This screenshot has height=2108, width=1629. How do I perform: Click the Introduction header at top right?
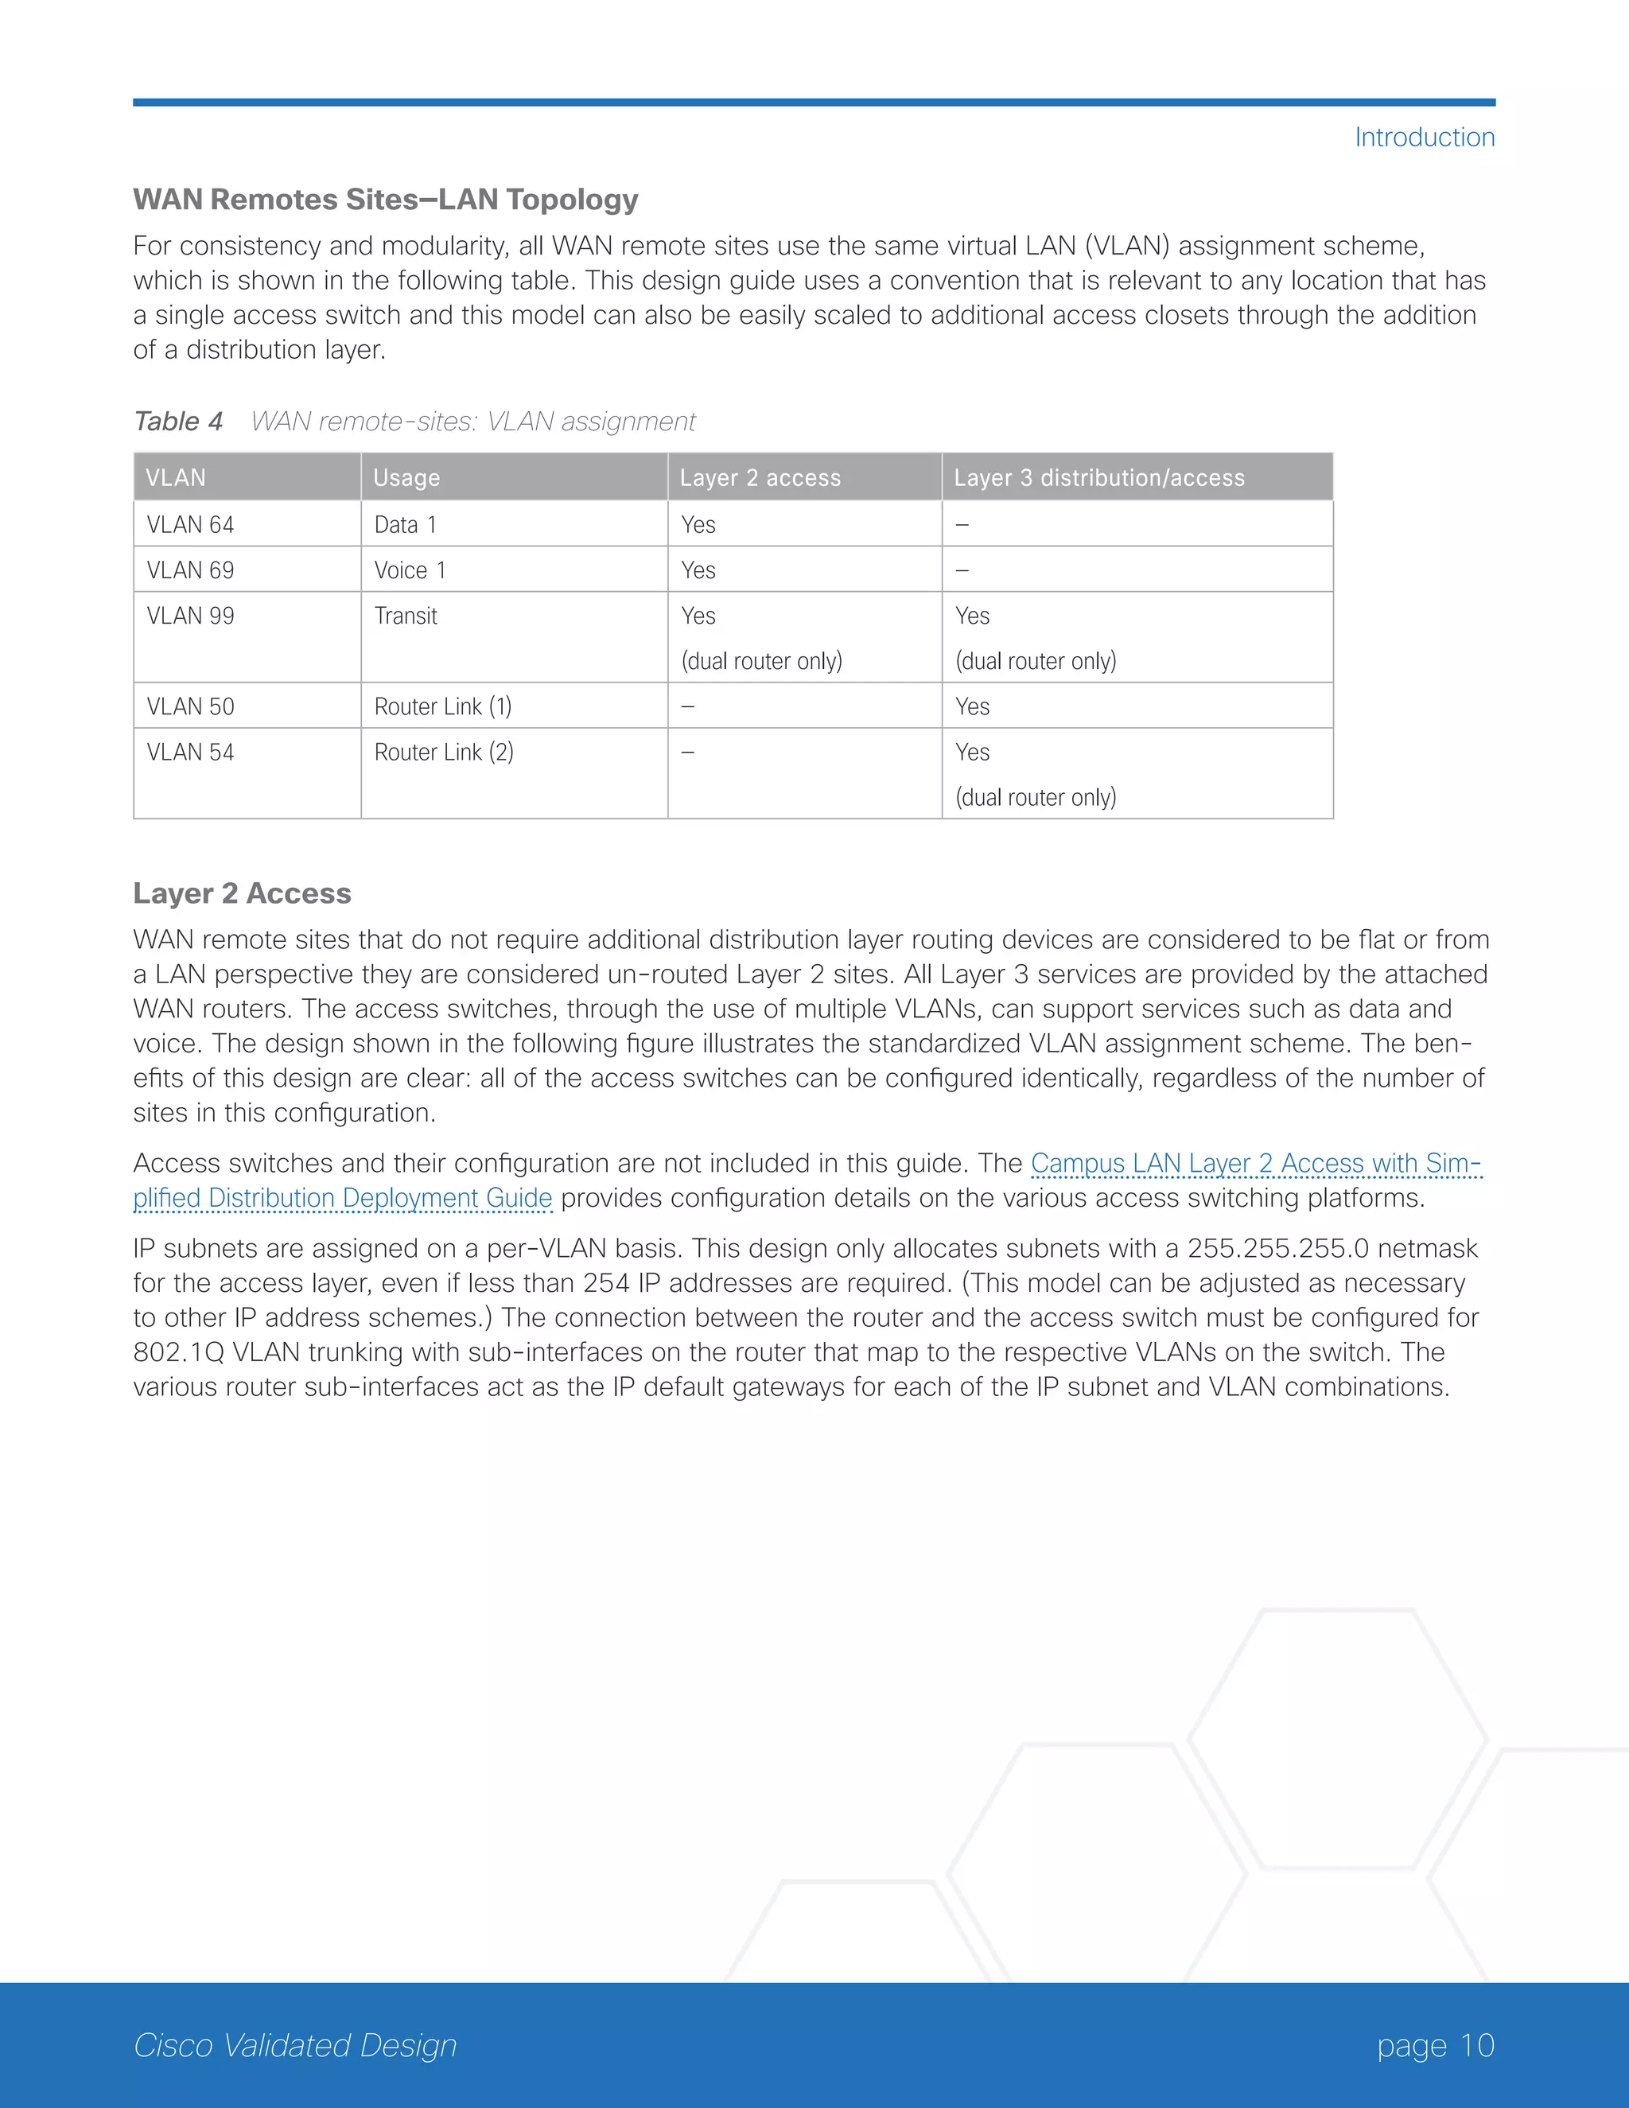click(x=1425, y=137)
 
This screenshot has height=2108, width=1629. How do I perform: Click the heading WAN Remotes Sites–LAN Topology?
click(x=385, y=199)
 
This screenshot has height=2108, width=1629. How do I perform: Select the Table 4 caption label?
click(x=178, y=421)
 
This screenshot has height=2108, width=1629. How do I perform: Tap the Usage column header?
click(x=406, y=478)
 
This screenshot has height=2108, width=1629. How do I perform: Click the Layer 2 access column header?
click(x=760, y=478)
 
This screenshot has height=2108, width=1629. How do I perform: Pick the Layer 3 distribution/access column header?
click(x=1098, y=478)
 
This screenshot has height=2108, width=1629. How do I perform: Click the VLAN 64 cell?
click(x=190, y=524)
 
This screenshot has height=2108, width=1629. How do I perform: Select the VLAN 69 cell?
click(x=190, y=570)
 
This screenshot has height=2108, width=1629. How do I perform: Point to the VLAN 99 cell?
click(x=190, y=616)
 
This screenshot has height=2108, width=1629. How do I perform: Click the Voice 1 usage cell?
click(x=410, y=570)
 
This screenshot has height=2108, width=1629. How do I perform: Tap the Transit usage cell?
click(x=406, y=616)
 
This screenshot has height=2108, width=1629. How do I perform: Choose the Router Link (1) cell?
click(x=443, y=706)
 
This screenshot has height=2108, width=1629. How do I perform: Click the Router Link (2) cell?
click(x=444, y=752)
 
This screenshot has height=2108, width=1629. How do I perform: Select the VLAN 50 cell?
click(x=190, y=706)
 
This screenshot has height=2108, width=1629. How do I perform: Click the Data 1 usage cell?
click(x=406, y=524)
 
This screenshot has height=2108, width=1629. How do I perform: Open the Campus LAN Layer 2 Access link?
click(x=1254, y=1163)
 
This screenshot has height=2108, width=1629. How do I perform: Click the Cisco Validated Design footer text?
click(x=294, y=2044)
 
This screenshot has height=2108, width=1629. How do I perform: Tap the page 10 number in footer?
click(x=1435, y=2044)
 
